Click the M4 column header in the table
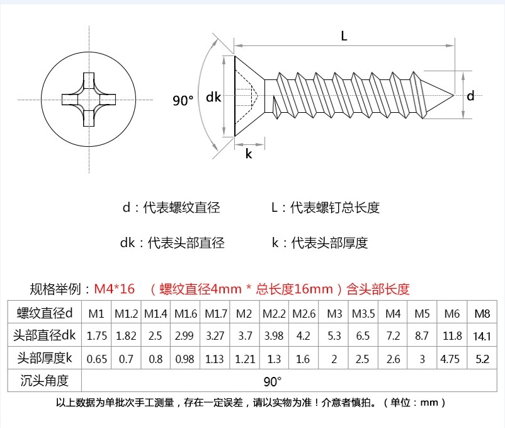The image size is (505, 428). pos(393,313)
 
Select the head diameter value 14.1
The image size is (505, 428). pos(482,336)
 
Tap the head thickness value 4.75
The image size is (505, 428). pos(450,359)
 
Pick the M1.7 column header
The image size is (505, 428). pos(216,313)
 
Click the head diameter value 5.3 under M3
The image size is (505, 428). pos(334,336)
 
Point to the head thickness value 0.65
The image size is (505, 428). pos(96,359)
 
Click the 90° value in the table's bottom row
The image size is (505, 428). pos(273,381)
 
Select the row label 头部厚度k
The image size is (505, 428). pos(45,358)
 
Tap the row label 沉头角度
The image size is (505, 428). pos(45,381)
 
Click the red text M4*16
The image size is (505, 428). pos(115,289)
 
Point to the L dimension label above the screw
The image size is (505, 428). pos(344,36)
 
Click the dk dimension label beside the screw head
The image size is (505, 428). pos(213,96)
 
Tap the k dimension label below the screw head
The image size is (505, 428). pos(249,154)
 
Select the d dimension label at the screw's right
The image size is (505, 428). pos(470,96)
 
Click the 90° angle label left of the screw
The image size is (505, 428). pos(183,100)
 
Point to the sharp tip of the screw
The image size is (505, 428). pos(453,95)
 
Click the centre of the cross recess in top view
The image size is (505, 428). pos(89,100)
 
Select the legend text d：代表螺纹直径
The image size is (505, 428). pos(171,207)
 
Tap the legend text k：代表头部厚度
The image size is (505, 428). pos(320,243)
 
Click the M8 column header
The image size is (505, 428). pos(482,313)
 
